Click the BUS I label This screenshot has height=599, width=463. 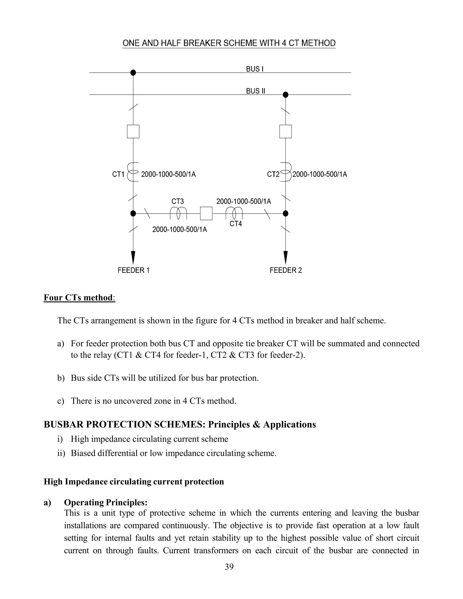[255, 69]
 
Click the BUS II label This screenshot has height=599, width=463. [255, 91]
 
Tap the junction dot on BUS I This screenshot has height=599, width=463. [133, 73]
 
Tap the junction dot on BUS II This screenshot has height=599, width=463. [286, 95]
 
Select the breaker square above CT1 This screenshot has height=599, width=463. [133, 131]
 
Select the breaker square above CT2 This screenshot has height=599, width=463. [286, 131]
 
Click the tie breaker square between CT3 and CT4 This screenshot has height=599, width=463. [206, 213]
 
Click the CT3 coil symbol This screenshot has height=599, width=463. [178, 213]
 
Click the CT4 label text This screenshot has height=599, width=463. [236, 224]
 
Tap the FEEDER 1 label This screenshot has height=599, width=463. [133, 270]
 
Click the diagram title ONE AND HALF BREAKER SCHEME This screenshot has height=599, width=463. [229, 43]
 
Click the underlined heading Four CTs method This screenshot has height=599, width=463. [78, 298]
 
